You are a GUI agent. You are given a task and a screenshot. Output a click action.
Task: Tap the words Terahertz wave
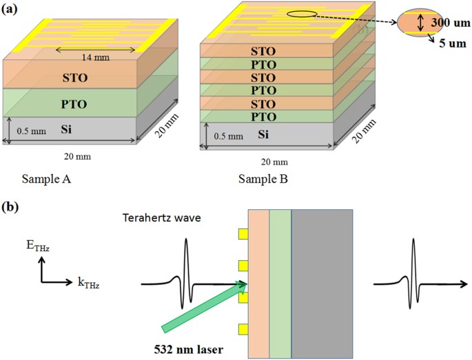click(x=161, y=220)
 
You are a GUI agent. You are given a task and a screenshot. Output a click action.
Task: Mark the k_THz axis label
click(x=85, y=282)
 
